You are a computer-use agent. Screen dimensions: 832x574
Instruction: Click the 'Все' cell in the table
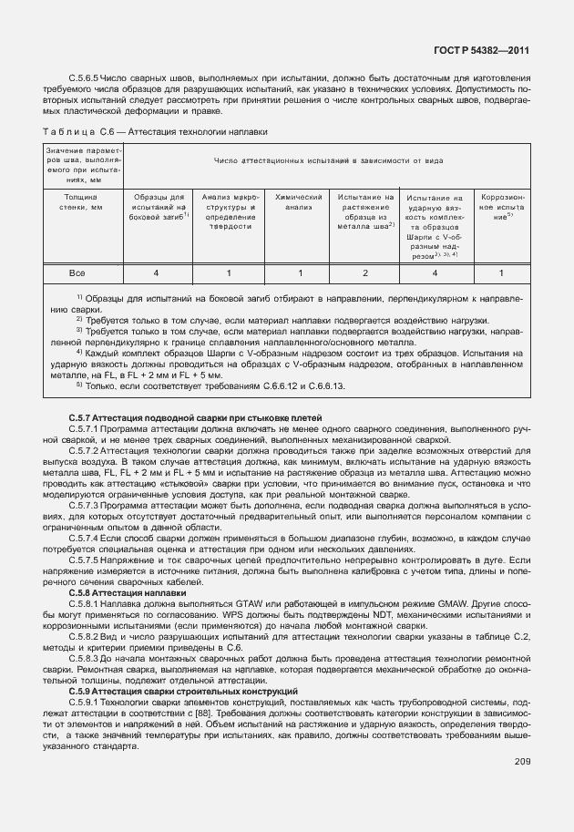tap(78, 273)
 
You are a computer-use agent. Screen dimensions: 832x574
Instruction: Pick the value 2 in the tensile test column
tap(364, 273)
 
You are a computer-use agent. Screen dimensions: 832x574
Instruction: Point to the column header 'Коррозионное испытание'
tap(501, 207)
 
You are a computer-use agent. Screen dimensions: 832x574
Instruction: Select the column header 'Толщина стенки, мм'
tap(78, 201)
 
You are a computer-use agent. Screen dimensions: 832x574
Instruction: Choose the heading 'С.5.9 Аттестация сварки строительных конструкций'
tap(182, 692)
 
